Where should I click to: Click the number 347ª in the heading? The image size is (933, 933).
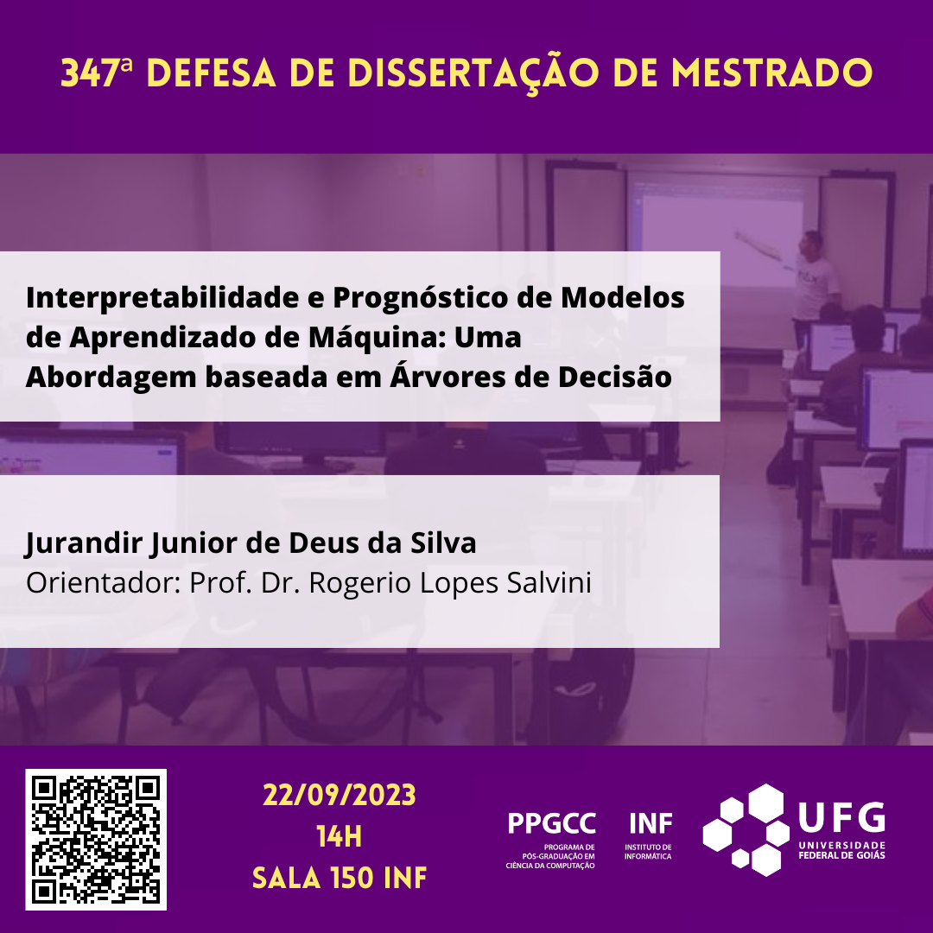click(97, 73)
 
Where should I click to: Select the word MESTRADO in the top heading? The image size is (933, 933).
click(771, 73)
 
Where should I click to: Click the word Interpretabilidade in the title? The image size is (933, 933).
click(162, 298)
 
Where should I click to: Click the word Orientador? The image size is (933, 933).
click(103, 582)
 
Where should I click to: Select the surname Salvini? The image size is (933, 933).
click(549, 582)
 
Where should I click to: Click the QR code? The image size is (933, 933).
click(96, 840)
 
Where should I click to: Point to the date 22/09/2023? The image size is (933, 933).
click(340, 796)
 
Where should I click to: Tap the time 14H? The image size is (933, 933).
click(340, 836)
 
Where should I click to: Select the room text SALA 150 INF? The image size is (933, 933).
click(340, 879)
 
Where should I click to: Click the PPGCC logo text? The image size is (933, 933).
click(551, 824)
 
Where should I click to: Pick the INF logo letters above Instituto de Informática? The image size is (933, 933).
click(651, 824)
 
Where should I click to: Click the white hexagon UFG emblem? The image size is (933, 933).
click(746, 830)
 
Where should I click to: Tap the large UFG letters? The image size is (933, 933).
click(842, 817)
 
